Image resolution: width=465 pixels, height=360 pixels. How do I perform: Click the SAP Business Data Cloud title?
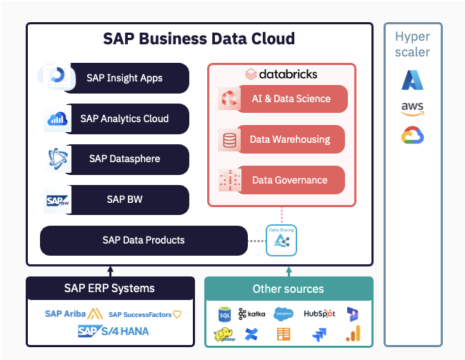(x=199, y=39)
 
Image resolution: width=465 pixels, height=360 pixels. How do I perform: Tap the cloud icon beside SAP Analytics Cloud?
(x=56, y=119)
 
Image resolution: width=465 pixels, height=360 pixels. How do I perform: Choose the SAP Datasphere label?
(x=124, y=159)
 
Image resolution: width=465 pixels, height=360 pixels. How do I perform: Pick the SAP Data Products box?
(x=143, y=240)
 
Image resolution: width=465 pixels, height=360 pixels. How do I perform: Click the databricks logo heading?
(x=281, y=74)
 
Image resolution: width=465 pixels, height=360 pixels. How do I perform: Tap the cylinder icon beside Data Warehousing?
(x=229, y=140)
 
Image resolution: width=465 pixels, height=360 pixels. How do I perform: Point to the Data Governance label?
(x=289, y=180)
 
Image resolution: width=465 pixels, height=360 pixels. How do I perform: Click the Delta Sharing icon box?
(x=281, y=241)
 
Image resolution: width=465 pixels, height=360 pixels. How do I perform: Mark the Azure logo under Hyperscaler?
(x=412, y=80)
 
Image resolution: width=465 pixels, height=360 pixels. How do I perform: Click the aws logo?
(x=412, y=109)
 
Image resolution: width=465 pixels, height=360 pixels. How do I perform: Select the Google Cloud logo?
(x=412, y=136)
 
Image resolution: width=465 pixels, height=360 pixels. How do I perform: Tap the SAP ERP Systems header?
(x=109, y=289)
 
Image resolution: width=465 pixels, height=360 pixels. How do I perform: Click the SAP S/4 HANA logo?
(x=114, y=331)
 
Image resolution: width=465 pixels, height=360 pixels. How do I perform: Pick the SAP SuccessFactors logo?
(x=145, y=314)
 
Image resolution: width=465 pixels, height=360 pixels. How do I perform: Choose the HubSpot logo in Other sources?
(x=319, y=314)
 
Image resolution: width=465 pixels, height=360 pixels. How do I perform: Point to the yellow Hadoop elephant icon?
(x=224, y=334)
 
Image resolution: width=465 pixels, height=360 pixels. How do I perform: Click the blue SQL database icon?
(x=224, y=314)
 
